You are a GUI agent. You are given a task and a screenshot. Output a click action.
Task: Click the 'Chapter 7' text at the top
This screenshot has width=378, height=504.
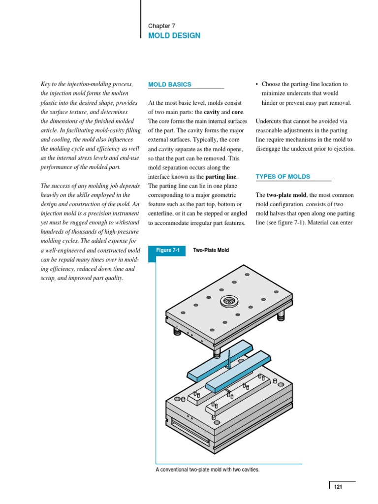161,26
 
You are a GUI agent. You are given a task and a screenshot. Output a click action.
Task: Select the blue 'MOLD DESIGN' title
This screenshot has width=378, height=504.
174,36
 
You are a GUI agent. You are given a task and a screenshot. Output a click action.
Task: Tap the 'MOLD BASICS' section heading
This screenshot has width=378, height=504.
170,85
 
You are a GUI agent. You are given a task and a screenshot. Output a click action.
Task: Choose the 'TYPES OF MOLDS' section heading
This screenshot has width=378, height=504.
283,177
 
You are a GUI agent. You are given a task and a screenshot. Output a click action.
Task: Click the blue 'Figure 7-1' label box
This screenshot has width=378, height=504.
168,251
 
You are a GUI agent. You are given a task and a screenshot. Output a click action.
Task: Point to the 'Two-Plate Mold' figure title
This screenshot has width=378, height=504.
211,251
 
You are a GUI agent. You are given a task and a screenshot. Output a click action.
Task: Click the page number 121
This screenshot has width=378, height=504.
338,487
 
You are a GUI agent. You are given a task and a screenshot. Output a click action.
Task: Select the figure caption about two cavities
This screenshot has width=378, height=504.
207,470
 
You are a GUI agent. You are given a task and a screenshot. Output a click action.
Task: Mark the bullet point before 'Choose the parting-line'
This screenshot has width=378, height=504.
257,85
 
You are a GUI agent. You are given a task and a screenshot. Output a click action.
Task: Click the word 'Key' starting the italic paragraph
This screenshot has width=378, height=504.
46,85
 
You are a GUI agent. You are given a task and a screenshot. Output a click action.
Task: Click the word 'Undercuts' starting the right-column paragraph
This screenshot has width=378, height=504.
269,122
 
